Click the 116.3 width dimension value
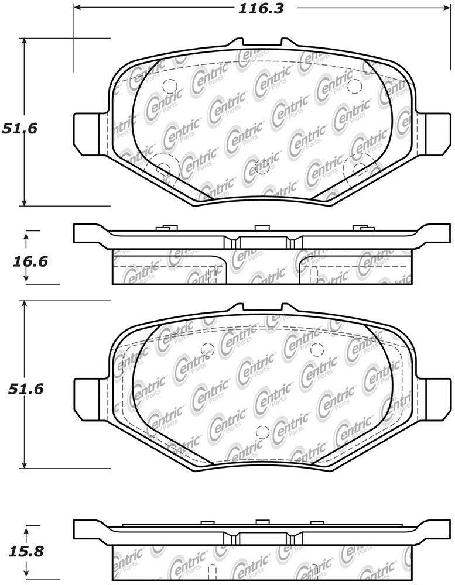(261, 8)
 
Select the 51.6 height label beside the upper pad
(20, 129)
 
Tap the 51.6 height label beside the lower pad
(25, 389)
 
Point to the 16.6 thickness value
(30, 261)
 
